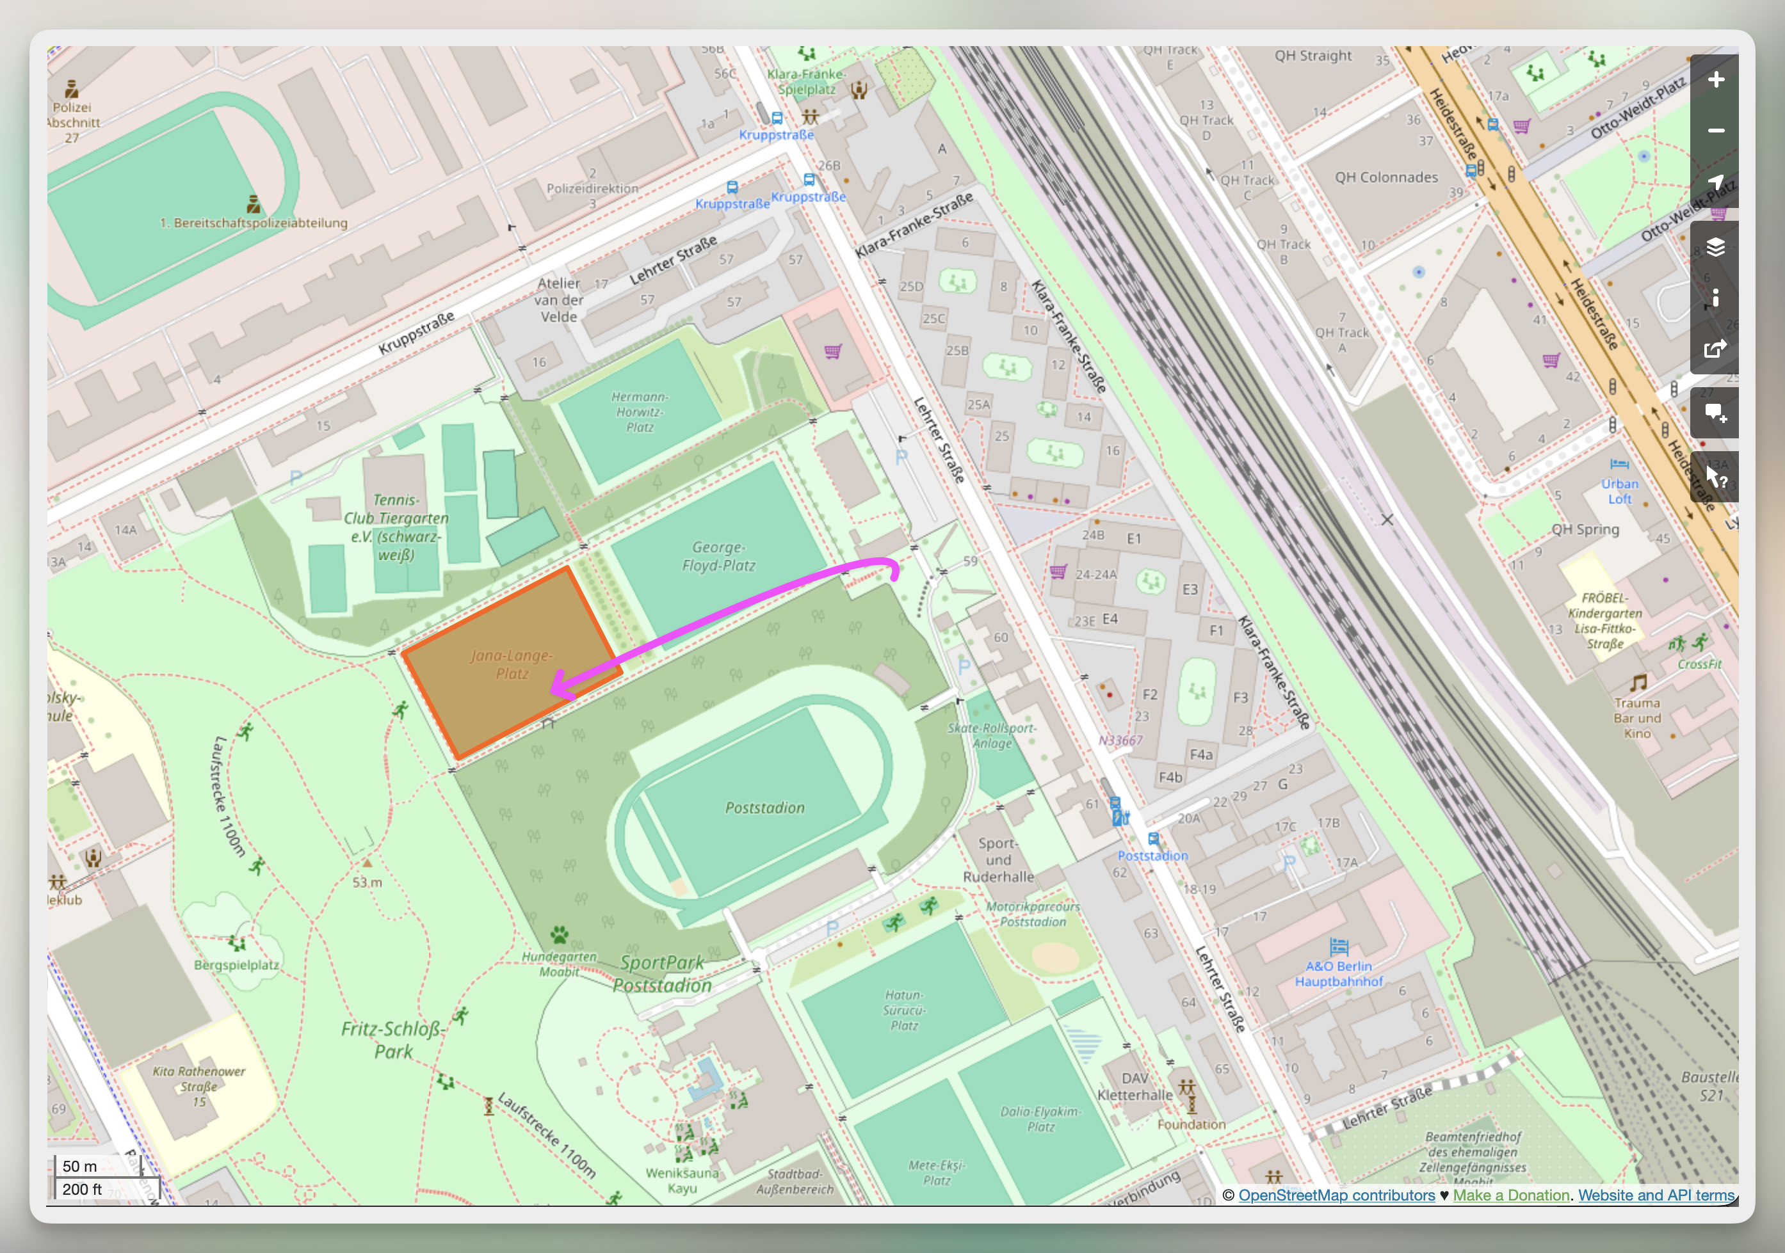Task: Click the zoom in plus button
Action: point(1715,79)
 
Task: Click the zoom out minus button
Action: point(1715,131)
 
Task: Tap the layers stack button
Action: point(1715,247)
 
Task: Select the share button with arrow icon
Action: point(1715,349)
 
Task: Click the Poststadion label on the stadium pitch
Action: point(764,808)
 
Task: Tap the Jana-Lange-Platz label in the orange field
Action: point(511,665)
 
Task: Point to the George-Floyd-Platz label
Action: point(718,557)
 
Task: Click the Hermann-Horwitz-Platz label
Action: point(639,412)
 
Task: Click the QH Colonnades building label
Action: point(1386,177)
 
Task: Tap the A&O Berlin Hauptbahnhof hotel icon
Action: point(1339,946)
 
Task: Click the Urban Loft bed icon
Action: point(1619,464)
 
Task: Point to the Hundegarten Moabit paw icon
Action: point(559,934)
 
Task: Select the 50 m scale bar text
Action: point(80,1166)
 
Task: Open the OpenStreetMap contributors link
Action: point(1336,1195)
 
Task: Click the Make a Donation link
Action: point(1510,1195)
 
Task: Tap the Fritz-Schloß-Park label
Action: point(393,1040)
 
